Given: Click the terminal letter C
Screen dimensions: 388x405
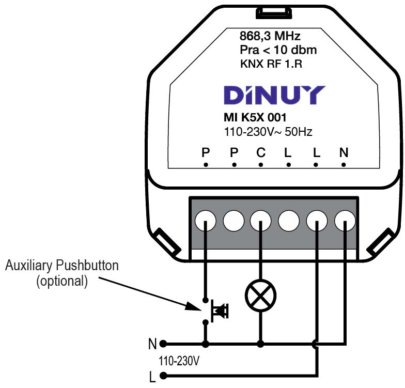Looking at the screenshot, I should click(x=261, y=153).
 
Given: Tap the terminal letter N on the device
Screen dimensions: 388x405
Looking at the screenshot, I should click(x=344, y=153).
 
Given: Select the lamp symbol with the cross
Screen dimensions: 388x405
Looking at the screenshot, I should click(x=261, y=296).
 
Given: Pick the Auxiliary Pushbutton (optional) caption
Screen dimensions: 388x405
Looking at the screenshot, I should click(x=62, y=274).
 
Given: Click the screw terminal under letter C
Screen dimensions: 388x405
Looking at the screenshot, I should click(x=261, y=221).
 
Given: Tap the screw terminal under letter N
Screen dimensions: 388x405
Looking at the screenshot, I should click(x=344, y=221).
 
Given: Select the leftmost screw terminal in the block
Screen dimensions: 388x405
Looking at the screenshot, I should click(x=206, y=221).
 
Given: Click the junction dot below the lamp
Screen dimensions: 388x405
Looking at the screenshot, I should click(x=261, y=343).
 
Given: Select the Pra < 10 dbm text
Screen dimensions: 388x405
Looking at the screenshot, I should click(x=278, y=51).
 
